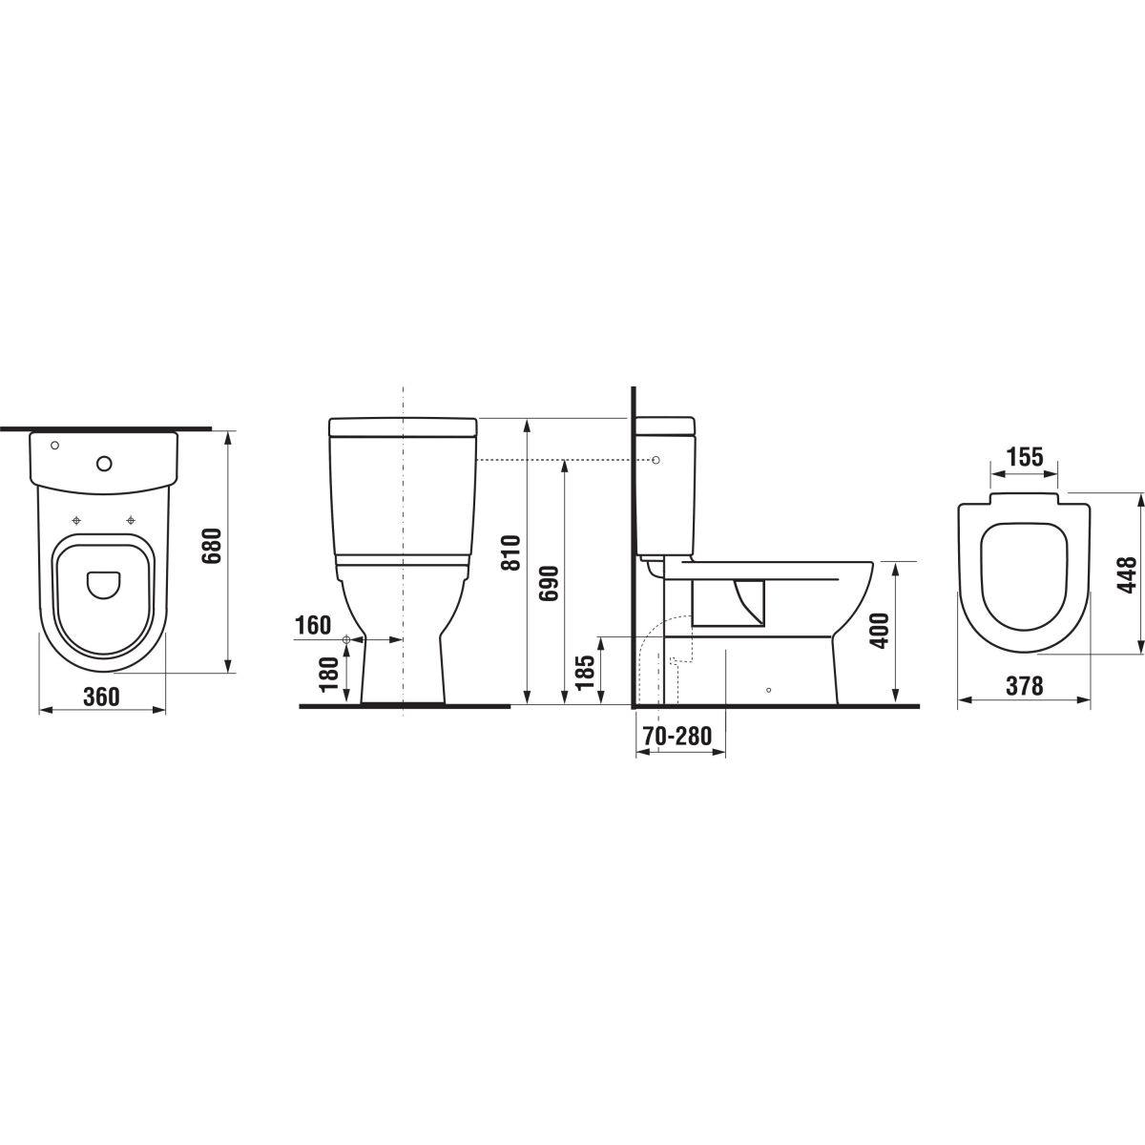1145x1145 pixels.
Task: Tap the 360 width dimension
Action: pos(101,697)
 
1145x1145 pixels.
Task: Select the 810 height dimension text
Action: pos(510,552)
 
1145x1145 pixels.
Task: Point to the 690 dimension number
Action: pos(549,583)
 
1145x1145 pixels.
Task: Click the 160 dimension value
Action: pos(314,625)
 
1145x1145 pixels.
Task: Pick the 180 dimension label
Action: pos(328,675)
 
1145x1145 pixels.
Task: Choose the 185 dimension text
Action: pos(585,672)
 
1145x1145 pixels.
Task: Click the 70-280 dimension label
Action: pos(677,737)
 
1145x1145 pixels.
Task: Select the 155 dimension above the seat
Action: pos(1025,457)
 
